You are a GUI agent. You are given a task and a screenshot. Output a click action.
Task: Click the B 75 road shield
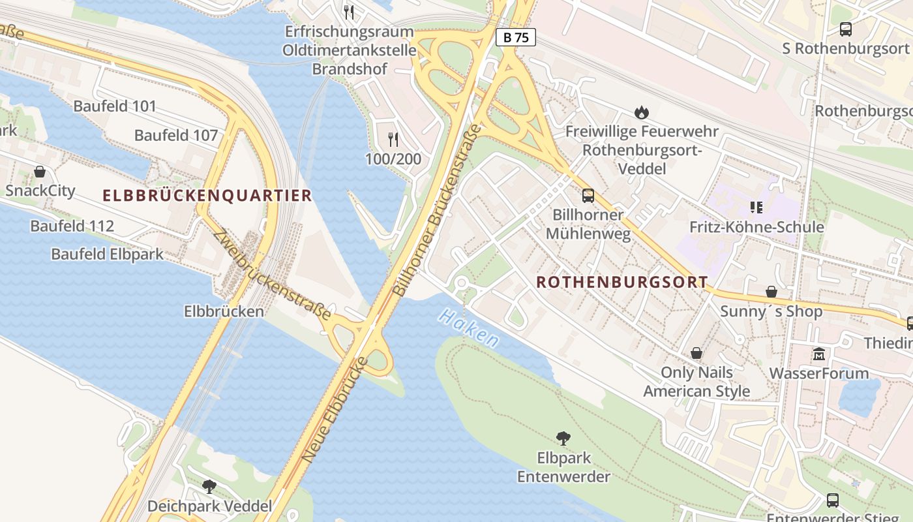tap(516, 38)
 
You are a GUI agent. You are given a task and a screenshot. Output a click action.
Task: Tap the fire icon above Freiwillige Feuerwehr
tap(642, 112)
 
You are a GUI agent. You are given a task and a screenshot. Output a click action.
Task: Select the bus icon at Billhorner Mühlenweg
tap(588, 195)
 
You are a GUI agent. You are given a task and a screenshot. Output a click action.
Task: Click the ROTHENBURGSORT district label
tap(622, 282)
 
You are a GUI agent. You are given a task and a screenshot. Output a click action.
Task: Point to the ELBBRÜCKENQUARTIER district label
tap(207, 195)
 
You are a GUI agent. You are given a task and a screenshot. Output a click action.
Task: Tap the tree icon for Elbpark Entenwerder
tap(563, 438)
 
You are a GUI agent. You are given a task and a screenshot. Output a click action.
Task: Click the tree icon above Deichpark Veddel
tap(209, 486)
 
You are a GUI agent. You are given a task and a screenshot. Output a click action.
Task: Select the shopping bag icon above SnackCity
tap(40, 172)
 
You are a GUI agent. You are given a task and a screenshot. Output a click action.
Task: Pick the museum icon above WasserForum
tap(819, 354)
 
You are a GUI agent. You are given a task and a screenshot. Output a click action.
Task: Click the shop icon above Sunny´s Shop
tap(771, 292)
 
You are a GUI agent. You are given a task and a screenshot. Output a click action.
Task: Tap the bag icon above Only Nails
tap(696, 353)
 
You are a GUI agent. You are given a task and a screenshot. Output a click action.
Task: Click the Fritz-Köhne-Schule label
tap(756, 227)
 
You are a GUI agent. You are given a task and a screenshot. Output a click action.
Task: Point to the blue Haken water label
tap(469, 328)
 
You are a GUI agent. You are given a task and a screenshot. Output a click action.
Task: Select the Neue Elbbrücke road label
tap(335, 411)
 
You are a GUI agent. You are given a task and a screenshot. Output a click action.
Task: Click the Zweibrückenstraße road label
tap(272, 273)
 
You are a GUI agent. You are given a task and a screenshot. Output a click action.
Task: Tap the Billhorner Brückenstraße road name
tap(438, 210)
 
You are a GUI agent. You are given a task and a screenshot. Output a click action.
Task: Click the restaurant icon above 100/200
tap(393, 139)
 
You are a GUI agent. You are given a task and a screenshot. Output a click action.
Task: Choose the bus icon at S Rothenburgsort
tap(846, 29)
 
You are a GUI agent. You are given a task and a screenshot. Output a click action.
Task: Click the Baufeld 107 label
tap(176, 136)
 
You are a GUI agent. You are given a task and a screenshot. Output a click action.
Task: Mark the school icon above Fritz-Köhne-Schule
tap(756, 207)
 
